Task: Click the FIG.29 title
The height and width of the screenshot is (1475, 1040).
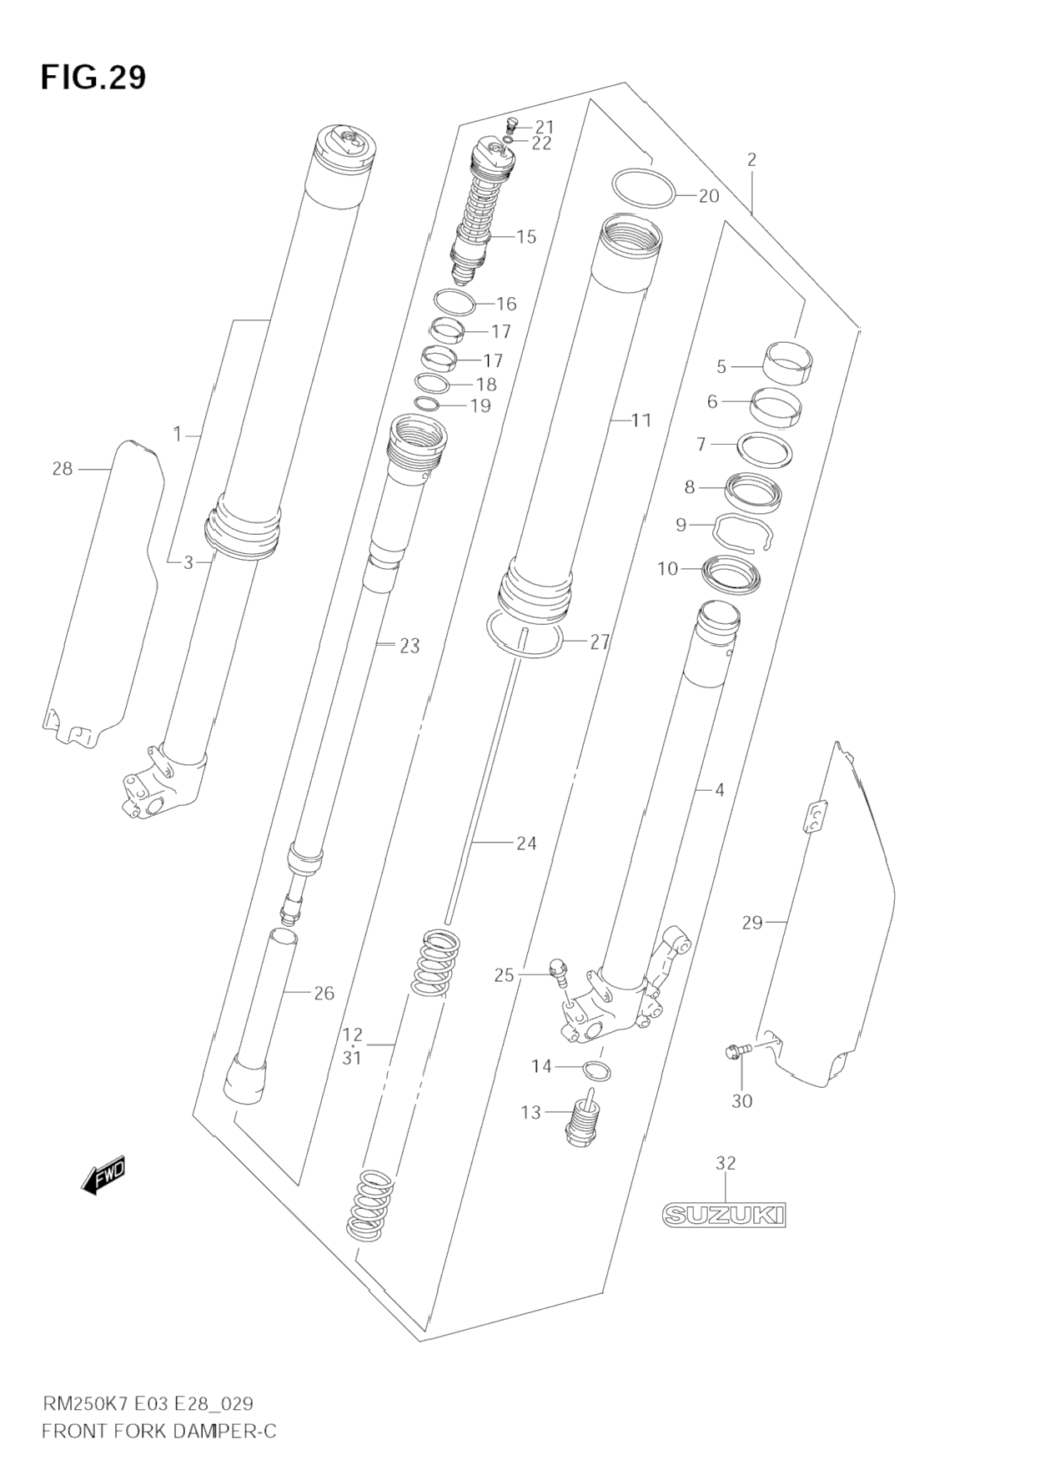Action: pos(93,77)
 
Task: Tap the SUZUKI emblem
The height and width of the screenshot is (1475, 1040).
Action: pos(724,1214)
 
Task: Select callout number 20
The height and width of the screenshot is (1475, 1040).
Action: pos(708,196)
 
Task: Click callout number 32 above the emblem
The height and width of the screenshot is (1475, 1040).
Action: pos(726,1162)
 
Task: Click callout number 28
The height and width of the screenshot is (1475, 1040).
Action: pos(63,469)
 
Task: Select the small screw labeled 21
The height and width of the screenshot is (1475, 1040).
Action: pos(512,125)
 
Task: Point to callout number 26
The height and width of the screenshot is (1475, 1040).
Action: pos(324,993)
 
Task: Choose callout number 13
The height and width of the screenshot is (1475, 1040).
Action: pos(530,1112)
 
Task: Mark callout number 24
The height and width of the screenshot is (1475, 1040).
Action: pos(526,843)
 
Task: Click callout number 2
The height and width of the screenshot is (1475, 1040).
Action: pos(751,159)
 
